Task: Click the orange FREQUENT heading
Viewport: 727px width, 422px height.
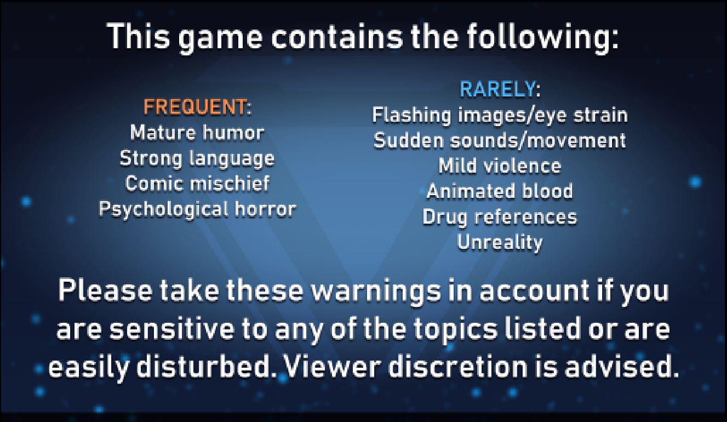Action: coord(194,107)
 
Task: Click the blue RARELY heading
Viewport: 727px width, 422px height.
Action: coord(497,89)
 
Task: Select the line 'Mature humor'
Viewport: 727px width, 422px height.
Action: coord(197,133)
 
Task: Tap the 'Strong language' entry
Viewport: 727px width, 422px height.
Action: coord(197,159)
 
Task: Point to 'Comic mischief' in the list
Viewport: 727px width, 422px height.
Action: coord(197,183)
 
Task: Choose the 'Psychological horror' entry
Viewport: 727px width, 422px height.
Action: coord(197,209)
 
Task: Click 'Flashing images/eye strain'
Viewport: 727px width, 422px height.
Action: coord(500,116)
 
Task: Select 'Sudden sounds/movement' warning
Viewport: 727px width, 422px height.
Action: coord(500,140)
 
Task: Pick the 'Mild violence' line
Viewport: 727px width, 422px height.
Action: coord(500,166)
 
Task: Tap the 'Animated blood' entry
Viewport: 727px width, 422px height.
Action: coord(500,191)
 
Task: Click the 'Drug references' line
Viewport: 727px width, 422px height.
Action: coord(500,217)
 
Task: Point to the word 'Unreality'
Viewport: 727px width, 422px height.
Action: coord(500,242)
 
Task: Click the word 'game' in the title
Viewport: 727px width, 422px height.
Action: coord(220,38)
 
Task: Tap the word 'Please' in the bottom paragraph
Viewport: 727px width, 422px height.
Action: coord(105,290)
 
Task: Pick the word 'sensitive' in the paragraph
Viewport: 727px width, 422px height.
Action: coord(171,329)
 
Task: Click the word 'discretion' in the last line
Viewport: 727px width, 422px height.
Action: coord(458,367)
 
